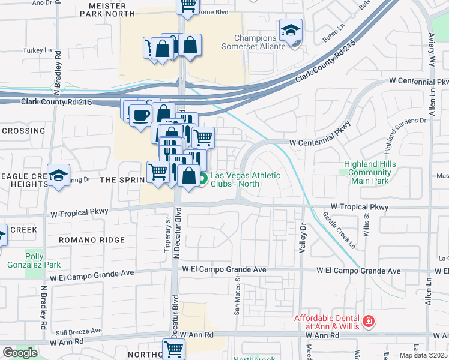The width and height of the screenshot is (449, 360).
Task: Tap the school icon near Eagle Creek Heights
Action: [58, 176]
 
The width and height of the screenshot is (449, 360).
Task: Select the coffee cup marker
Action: [140, 115]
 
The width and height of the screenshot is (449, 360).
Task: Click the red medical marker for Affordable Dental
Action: [367, 322]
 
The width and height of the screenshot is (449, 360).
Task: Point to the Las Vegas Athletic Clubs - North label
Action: [245, 179]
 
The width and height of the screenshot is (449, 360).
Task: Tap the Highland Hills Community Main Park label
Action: [368, 173]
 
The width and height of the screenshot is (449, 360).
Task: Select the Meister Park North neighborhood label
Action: [111, 9]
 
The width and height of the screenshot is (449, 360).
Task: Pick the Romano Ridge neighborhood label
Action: [92, 239]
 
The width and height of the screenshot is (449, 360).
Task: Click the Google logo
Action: [20, 353]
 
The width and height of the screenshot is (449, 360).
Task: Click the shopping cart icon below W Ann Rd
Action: [173, 348]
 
